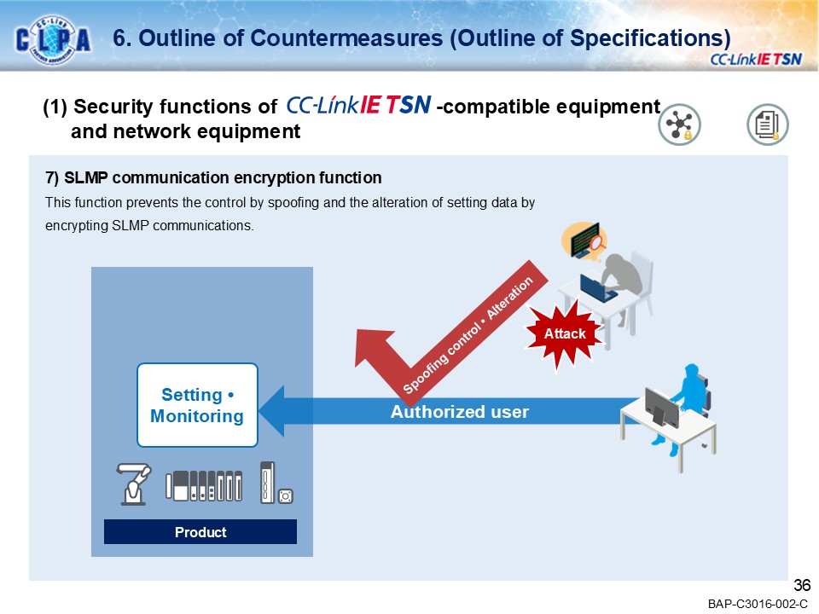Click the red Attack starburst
(x=566, y=334)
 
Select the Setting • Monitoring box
(x=197, y=405)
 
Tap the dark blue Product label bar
(x=200, y=532)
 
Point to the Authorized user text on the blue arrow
(x=459, y=412)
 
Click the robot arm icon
(x=135, y=484)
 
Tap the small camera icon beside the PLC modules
(x=287, y=495)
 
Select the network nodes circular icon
(x=679, y=125)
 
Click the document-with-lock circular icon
(x=767, y=125)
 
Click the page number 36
(x=801, y=585)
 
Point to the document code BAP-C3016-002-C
(x=757, y=604)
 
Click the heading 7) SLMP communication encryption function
(x=213, y=177)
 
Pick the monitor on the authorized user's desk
(x=661, y=407)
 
